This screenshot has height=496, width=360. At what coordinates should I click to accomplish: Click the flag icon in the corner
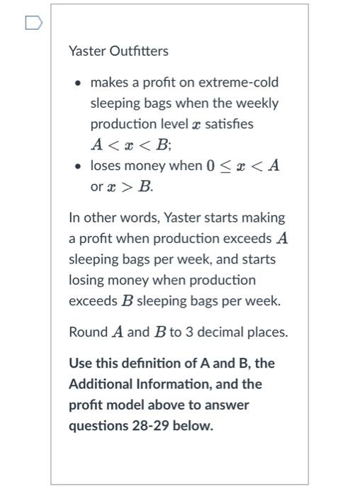33,24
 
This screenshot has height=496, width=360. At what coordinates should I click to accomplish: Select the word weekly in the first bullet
259,103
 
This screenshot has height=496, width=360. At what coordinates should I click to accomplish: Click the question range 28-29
133,427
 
